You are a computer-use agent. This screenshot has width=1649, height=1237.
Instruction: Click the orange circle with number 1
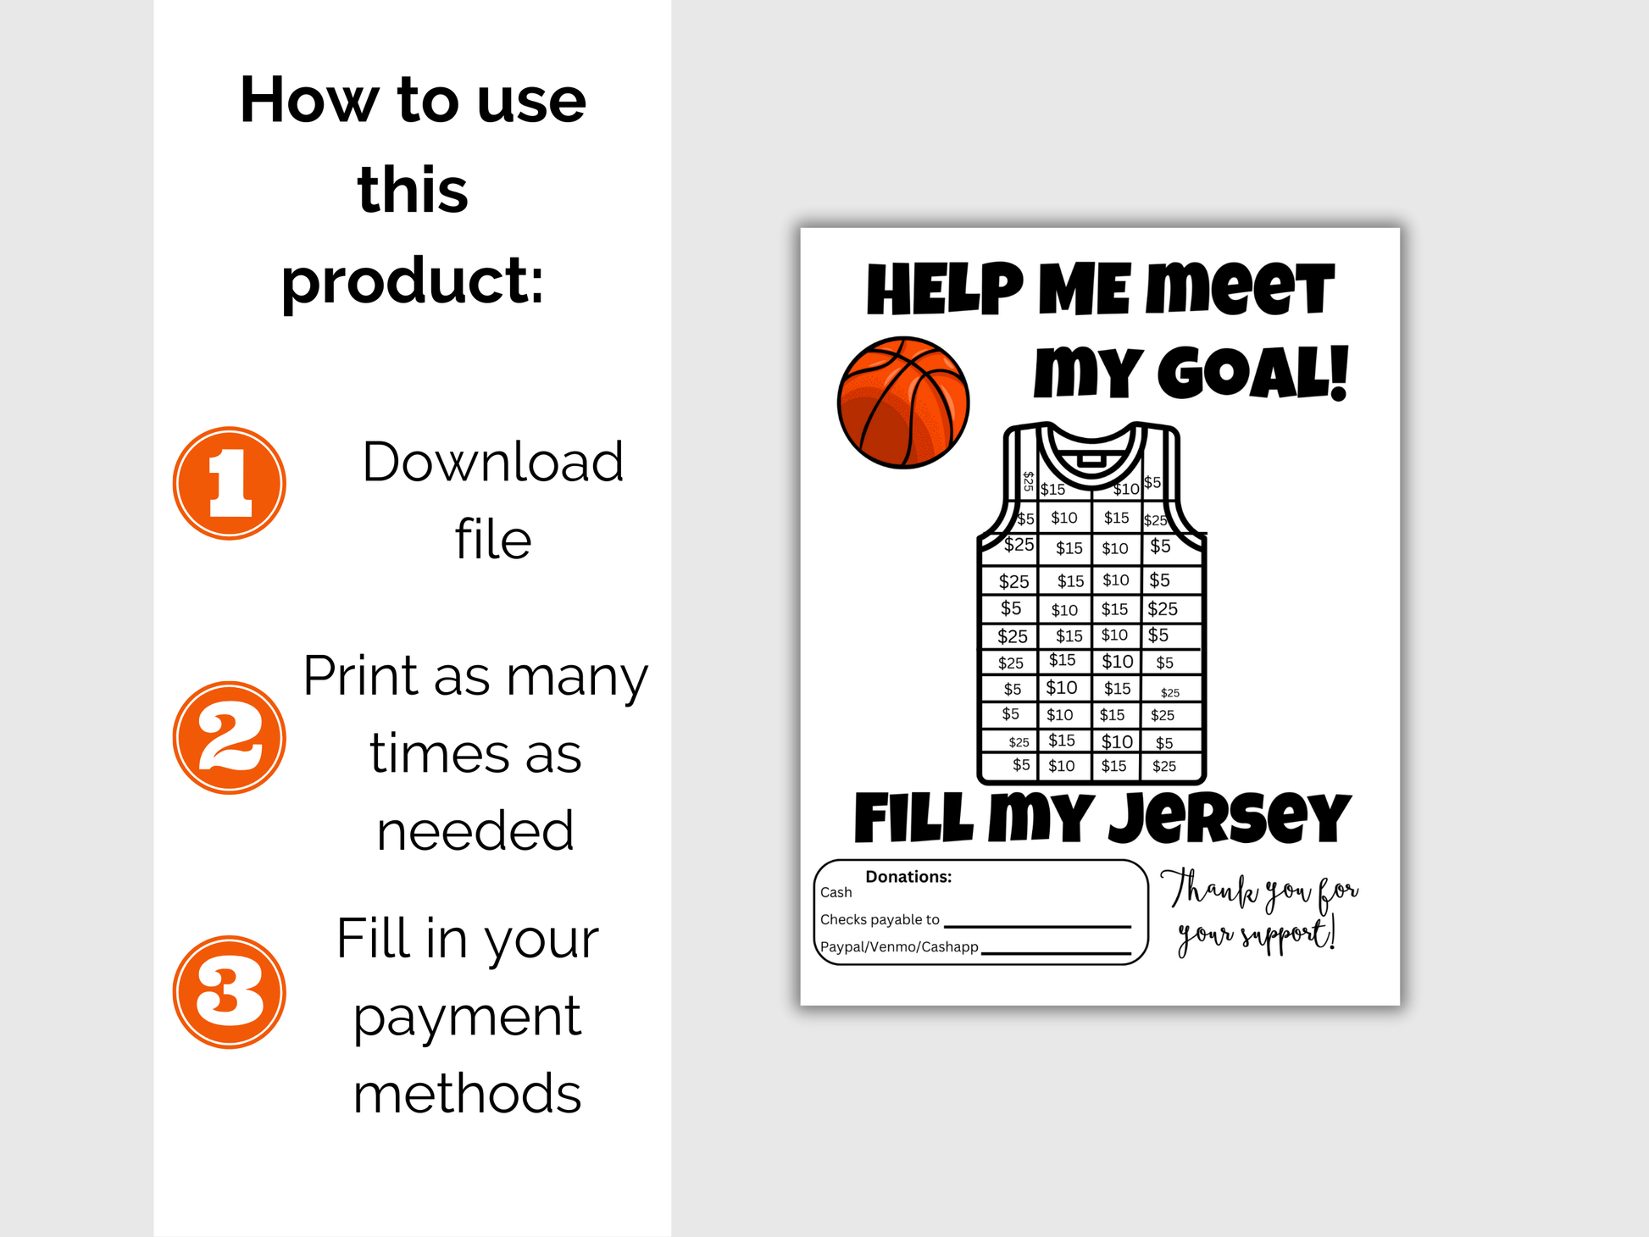[x=230, y=483]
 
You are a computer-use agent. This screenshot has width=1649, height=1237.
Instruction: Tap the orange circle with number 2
[x=230, y=738]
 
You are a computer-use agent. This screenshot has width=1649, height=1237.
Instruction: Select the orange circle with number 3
[x=230, y=992]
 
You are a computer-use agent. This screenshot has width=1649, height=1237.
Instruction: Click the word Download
[x=493, y=462]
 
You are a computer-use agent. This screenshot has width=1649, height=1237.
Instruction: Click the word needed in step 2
[x=475, y=830]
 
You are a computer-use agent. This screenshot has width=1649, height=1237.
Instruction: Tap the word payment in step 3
[x=467, y=1018]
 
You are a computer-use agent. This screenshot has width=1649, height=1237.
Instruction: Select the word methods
[x=467, y=1093]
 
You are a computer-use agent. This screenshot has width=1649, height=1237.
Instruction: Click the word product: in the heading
[x=413, y=282]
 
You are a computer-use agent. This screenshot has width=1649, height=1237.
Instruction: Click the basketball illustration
[x=903, y=402]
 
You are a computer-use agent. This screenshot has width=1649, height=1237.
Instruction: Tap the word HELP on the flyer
[x=945, y=290]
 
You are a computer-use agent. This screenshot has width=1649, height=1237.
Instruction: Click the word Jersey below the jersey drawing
[x=1229, y=818]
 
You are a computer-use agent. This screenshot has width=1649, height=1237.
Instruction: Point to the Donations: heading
[x=908, y=877]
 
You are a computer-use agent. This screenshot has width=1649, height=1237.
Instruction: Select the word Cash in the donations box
[x=836, y=892]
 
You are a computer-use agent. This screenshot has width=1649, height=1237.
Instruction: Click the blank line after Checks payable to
[x=1038, y=927]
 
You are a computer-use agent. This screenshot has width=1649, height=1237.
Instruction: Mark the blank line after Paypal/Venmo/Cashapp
[x=1056, y=954]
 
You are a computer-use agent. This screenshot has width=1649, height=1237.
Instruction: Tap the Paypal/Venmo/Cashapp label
[x=899, y=946]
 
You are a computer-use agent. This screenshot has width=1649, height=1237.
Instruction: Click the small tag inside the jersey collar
[x=1091, y=460]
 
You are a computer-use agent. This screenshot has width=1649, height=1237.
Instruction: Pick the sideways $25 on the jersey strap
[x=1028, y=481]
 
